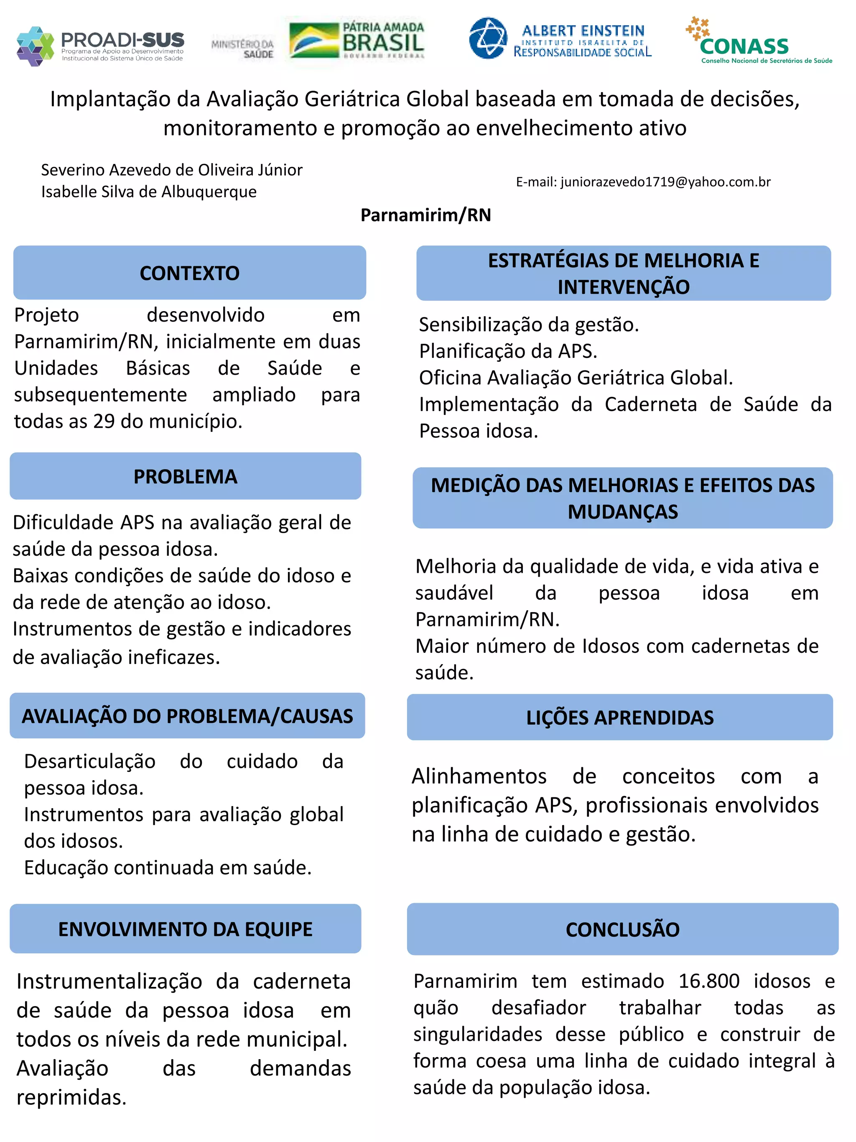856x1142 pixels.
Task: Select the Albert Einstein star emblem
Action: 488,38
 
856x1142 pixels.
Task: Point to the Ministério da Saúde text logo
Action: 243,49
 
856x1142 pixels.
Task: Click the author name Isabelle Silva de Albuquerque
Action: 149,192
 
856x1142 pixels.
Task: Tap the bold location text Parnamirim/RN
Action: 425,215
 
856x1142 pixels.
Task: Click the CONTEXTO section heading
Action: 189,273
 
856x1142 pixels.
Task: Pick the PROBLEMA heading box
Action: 185,476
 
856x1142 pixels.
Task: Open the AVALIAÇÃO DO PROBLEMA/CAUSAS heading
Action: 187,715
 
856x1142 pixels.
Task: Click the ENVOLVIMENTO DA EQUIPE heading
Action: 185,929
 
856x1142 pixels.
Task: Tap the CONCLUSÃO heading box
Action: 622,929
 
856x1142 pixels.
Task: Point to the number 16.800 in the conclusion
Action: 708,981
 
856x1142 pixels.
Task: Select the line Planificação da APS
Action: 508,351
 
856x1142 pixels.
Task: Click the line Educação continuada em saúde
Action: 168,867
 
